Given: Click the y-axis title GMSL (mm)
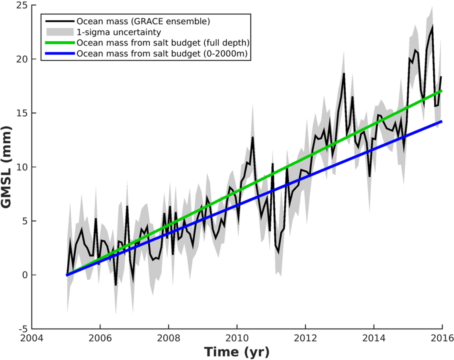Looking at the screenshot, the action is tap(6, 167).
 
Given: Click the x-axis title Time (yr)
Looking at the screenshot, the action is tap(237, 352).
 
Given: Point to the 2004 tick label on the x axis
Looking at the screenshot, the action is tap(32, 338).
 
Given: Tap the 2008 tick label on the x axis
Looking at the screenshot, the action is tap(168, 338).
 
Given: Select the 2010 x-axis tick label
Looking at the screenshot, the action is tap(237, 338).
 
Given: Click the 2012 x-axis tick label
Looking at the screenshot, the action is tap(305, 338).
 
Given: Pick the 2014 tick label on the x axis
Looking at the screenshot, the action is tap(374, 338).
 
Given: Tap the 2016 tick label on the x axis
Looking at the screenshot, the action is tap(442, 338).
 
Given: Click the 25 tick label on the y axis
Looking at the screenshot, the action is tap(22, 5).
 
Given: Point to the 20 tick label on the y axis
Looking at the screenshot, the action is tap(22, 59).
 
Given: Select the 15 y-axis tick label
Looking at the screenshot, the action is tap(22, 113).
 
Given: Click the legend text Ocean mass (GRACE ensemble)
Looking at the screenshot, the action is tap(143, 21).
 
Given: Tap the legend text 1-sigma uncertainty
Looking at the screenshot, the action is tap(119, 32).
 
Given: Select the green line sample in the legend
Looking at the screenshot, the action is tap(60, 43).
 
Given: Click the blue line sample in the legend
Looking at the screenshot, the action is tap(60, 53).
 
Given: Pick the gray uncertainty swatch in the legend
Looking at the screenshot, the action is tap(60, 32).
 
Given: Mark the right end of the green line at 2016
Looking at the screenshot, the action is tap(442, 91).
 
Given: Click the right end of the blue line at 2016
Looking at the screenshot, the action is tap(442, 121).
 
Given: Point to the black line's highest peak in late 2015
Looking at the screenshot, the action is tap(432, 26).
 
